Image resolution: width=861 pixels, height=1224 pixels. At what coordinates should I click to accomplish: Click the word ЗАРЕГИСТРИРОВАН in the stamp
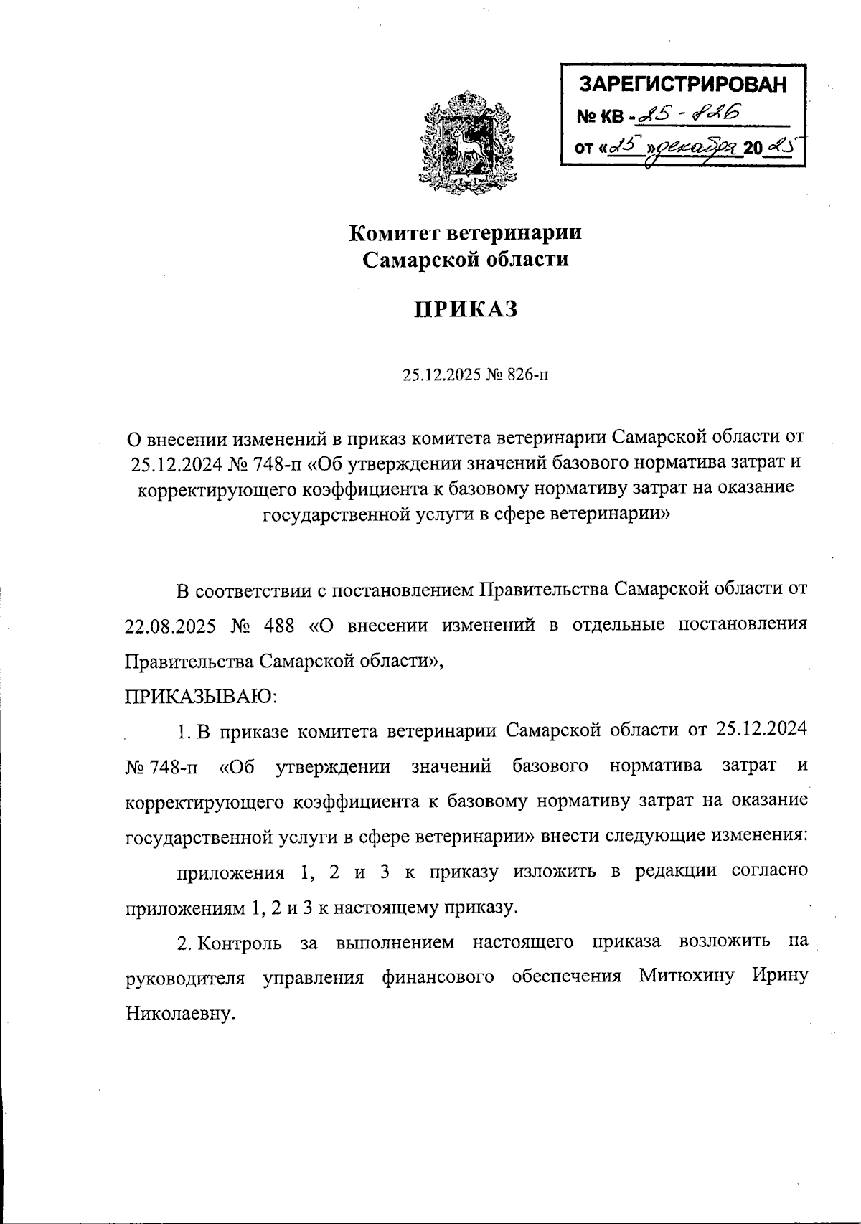point(682,85)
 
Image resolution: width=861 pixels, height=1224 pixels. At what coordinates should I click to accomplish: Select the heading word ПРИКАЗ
point(466,309)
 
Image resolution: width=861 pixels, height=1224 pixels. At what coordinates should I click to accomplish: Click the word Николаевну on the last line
point(180,1014)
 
